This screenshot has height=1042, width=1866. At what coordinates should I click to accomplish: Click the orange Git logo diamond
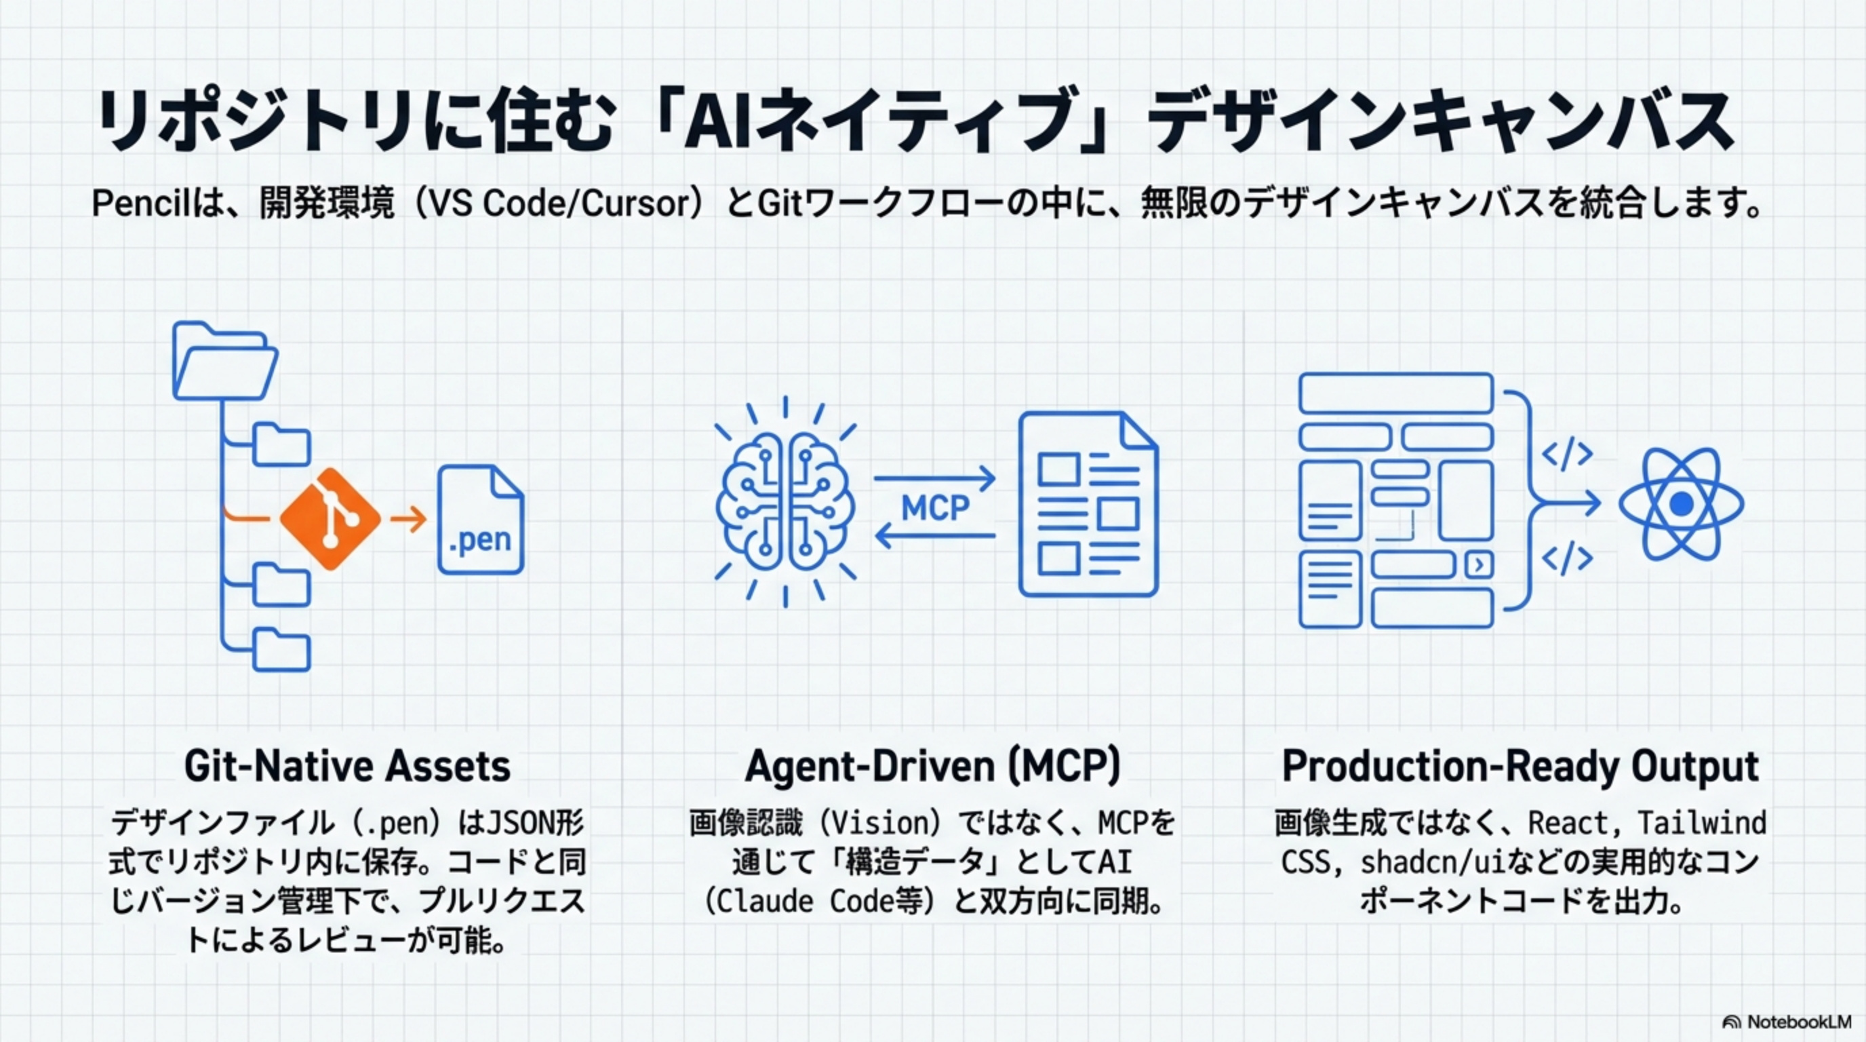pyautogui.click(x=330, y=519)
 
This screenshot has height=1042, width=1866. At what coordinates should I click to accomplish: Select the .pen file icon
pyautogui.click(x=481, y=520)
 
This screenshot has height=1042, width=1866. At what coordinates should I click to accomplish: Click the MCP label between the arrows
pyautogui.click(x=935, y=508)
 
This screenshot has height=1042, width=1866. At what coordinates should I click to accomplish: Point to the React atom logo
pyautogui.click(x=1682, y=503)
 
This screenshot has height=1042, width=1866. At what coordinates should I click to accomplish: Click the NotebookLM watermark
pyautogui.click(x=1786, y=1022)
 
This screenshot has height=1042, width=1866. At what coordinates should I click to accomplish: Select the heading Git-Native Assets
pyautogui.click(x=347, y=766)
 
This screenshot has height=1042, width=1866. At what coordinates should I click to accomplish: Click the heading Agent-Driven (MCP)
pyautogui.click(x=933, y=766)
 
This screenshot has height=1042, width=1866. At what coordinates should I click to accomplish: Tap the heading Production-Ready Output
pyautogui.click(x=1520, y=766)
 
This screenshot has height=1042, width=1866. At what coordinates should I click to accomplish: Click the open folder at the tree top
pyautogui.click(x=225, y=361)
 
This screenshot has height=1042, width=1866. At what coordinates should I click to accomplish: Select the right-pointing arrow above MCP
pyautogui.click(x=934, y=478)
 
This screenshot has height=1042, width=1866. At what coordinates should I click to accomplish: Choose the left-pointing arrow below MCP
pyautogui.click(x=934, y=536)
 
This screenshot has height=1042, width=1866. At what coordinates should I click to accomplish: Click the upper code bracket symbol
pyautogui.click(x=1567, y=455)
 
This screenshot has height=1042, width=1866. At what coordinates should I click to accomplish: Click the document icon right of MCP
pyautogui.click(x=1088, y=504)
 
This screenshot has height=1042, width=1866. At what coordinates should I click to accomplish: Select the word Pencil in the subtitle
pyautogui.click(x=136, y=204)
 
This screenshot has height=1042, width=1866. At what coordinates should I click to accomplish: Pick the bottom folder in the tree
pyautogui.click(x=282, y=650)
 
